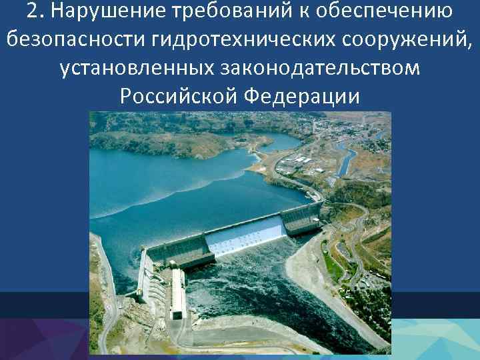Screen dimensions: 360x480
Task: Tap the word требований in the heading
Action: [215, 11]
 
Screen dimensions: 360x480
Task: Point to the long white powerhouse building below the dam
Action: [177, 293]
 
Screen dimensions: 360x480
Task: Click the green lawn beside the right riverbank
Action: [333, 267]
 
